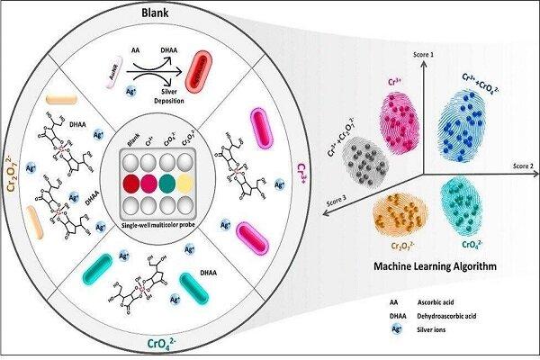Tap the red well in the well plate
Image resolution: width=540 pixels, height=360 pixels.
click(130, 183)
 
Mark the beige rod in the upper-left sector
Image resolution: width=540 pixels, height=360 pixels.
click(64, 99)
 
